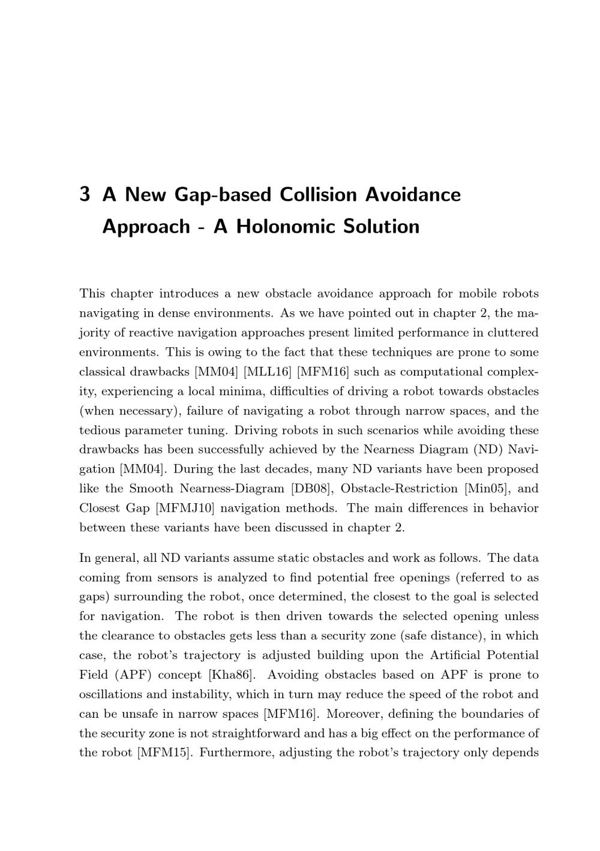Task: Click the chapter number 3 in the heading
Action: tap(85, 195)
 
